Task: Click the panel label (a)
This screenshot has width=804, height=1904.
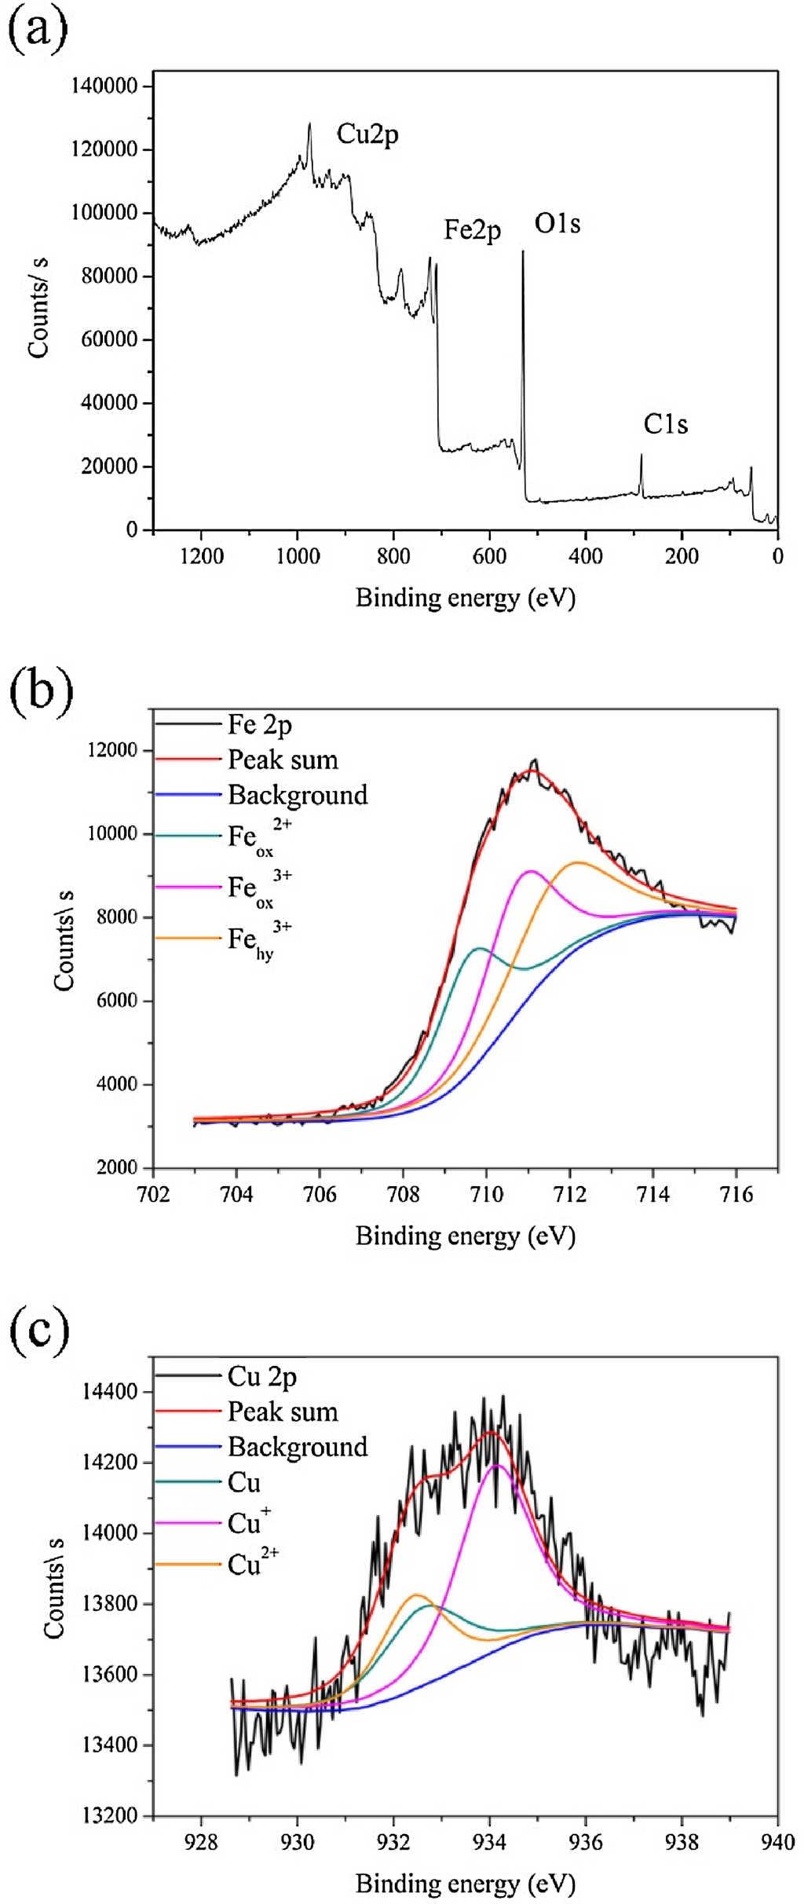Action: (38, 30)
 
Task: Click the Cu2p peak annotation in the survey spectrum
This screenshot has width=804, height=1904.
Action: (367, 134)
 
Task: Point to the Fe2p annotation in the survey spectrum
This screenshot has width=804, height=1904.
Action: (472, 229)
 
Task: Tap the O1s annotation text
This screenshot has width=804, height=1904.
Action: (557, 225)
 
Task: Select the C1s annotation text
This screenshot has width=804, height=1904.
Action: (666, 424)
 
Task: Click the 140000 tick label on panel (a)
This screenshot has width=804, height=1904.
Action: (105, 86)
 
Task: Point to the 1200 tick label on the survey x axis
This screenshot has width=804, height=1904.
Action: (202, 556)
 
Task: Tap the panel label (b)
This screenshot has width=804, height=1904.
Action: (40, 692)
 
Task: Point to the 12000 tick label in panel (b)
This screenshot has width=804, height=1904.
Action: (111, 750)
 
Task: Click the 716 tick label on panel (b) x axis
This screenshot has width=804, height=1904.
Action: (736, 1195)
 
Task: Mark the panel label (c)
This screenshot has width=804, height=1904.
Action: (38, 1328)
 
